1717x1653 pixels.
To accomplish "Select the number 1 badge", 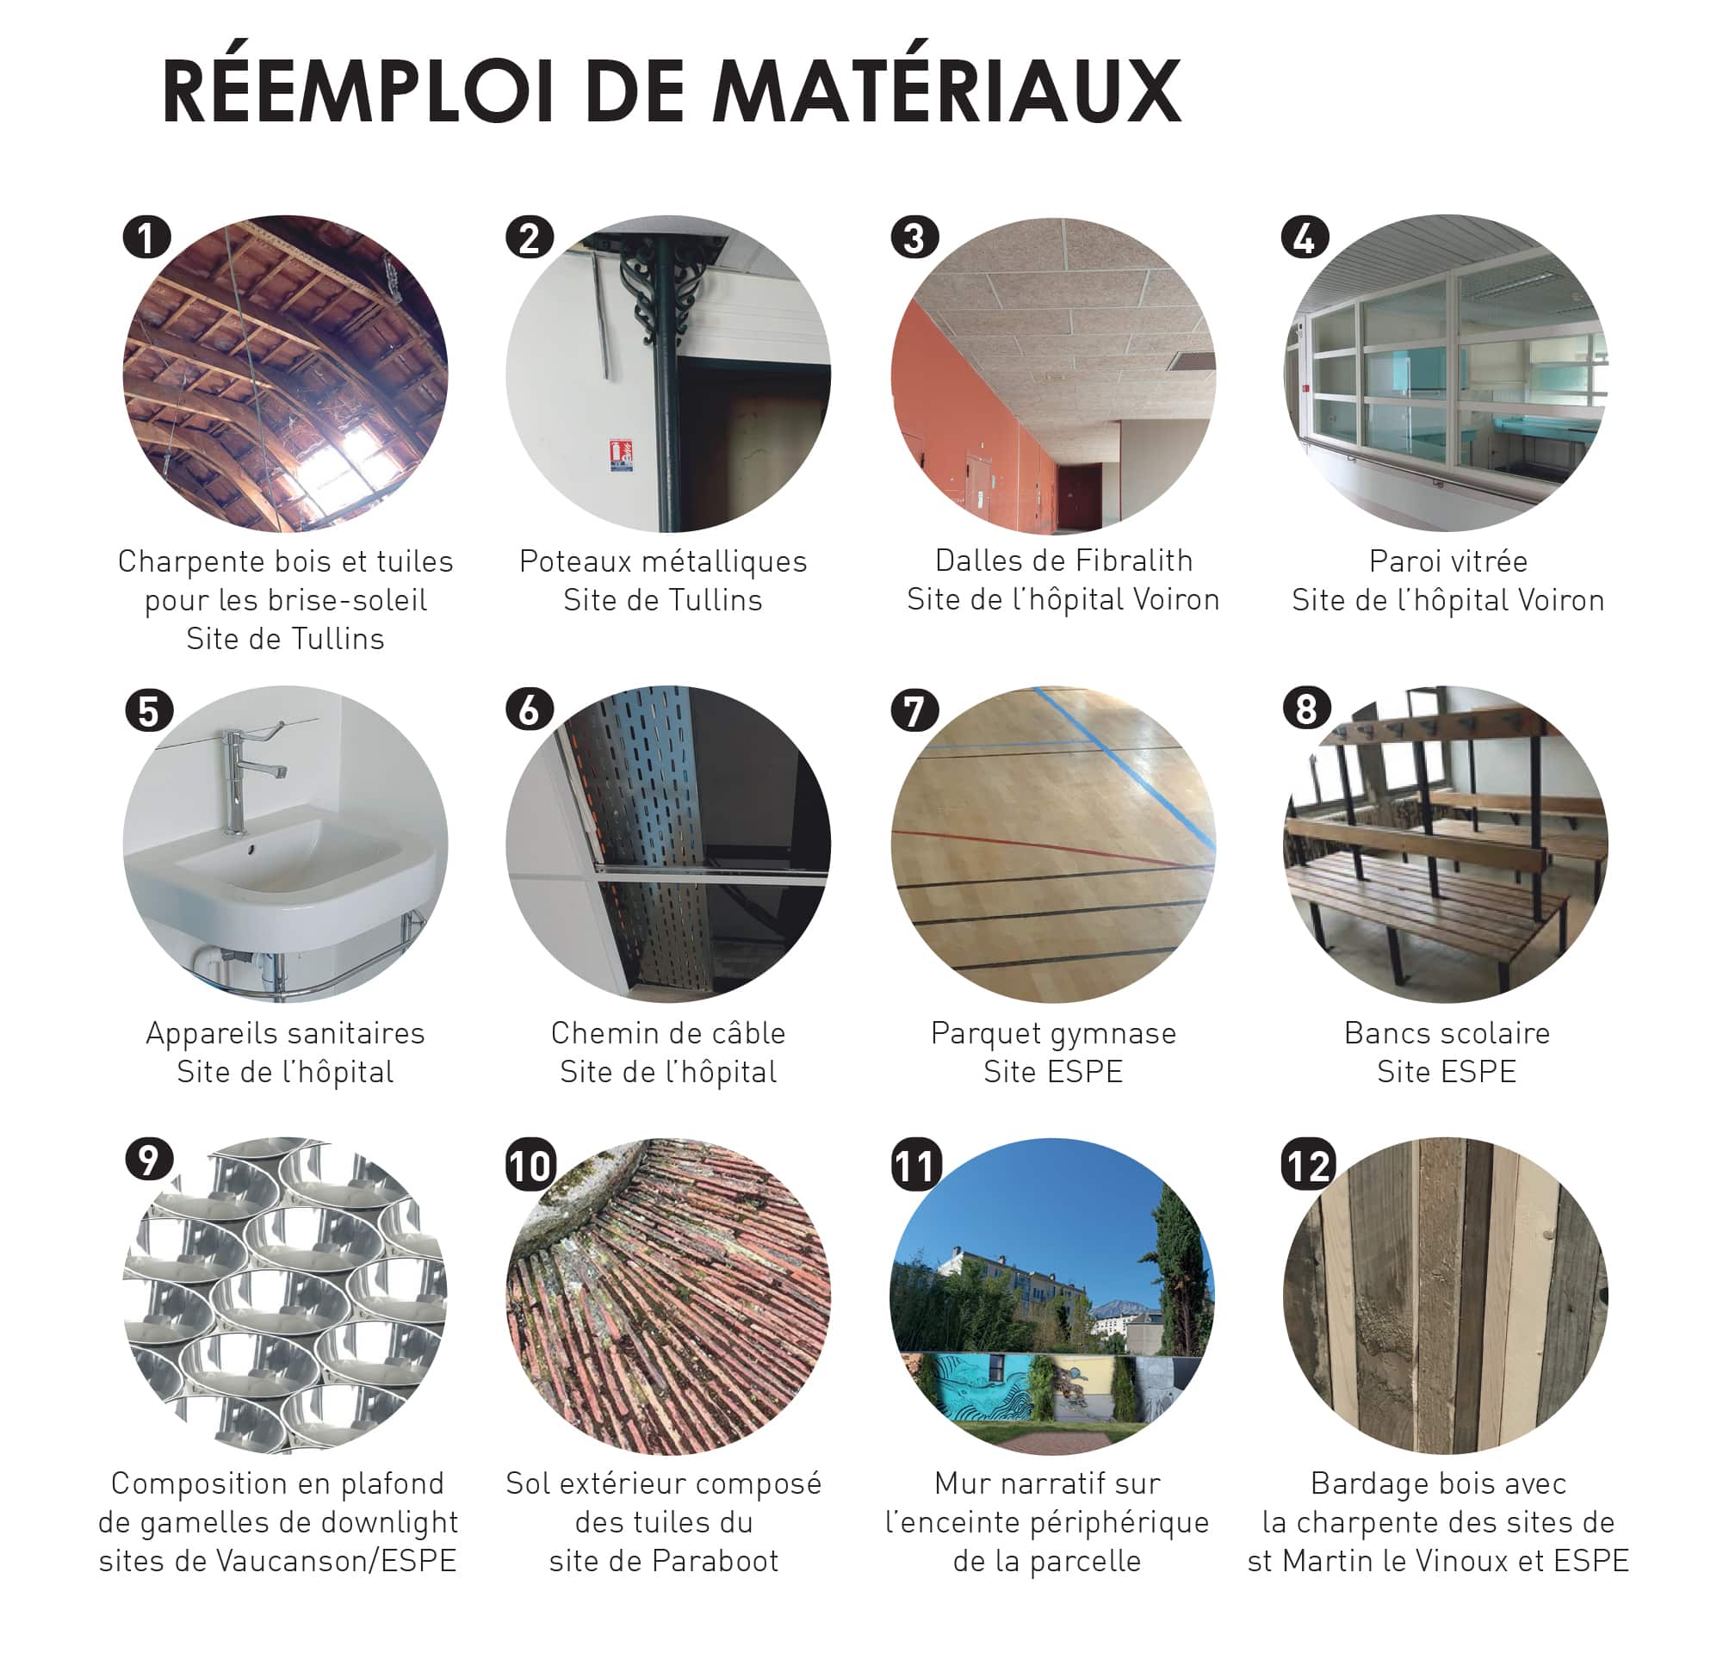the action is (146, 238).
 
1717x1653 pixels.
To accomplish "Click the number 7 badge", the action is (914, 710).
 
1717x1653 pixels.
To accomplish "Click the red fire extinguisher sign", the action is (621, 455).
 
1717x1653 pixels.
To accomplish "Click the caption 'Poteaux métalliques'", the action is (663, 560).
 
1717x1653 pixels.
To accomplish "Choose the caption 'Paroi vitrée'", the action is (1448, 560).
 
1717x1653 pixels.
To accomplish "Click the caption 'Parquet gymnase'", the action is (1053, 1034).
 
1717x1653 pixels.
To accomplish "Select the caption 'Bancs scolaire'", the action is (1447, 1033).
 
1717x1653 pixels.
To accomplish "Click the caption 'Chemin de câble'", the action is (667, 1033).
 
